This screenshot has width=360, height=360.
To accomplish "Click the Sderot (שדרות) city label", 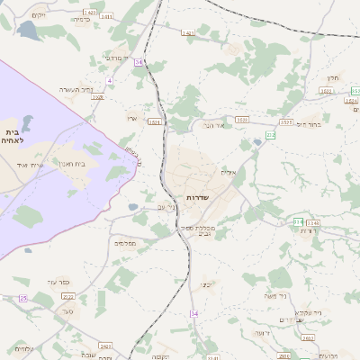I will point(197,197).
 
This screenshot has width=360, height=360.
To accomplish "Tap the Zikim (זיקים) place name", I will point(37,15).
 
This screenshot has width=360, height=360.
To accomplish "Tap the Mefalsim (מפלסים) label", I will point(124,243).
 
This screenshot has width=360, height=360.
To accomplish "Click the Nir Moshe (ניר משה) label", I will point(274,296).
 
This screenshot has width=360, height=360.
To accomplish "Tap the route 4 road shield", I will point(109,81).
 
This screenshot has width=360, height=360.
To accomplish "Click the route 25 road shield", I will point(22,298).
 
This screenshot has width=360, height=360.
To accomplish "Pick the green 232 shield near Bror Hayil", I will point(271,134).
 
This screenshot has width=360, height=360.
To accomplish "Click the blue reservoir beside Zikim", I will point(26,31).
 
